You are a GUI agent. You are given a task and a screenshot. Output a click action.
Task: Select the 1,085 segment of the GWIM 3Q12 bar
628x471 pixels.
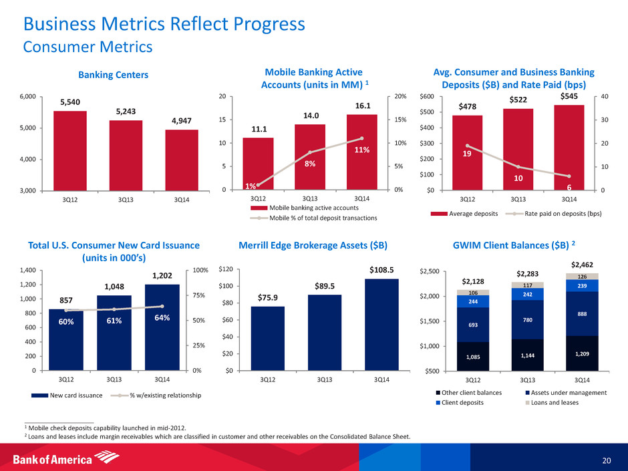pyautogui.click(x=472, y=357)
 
